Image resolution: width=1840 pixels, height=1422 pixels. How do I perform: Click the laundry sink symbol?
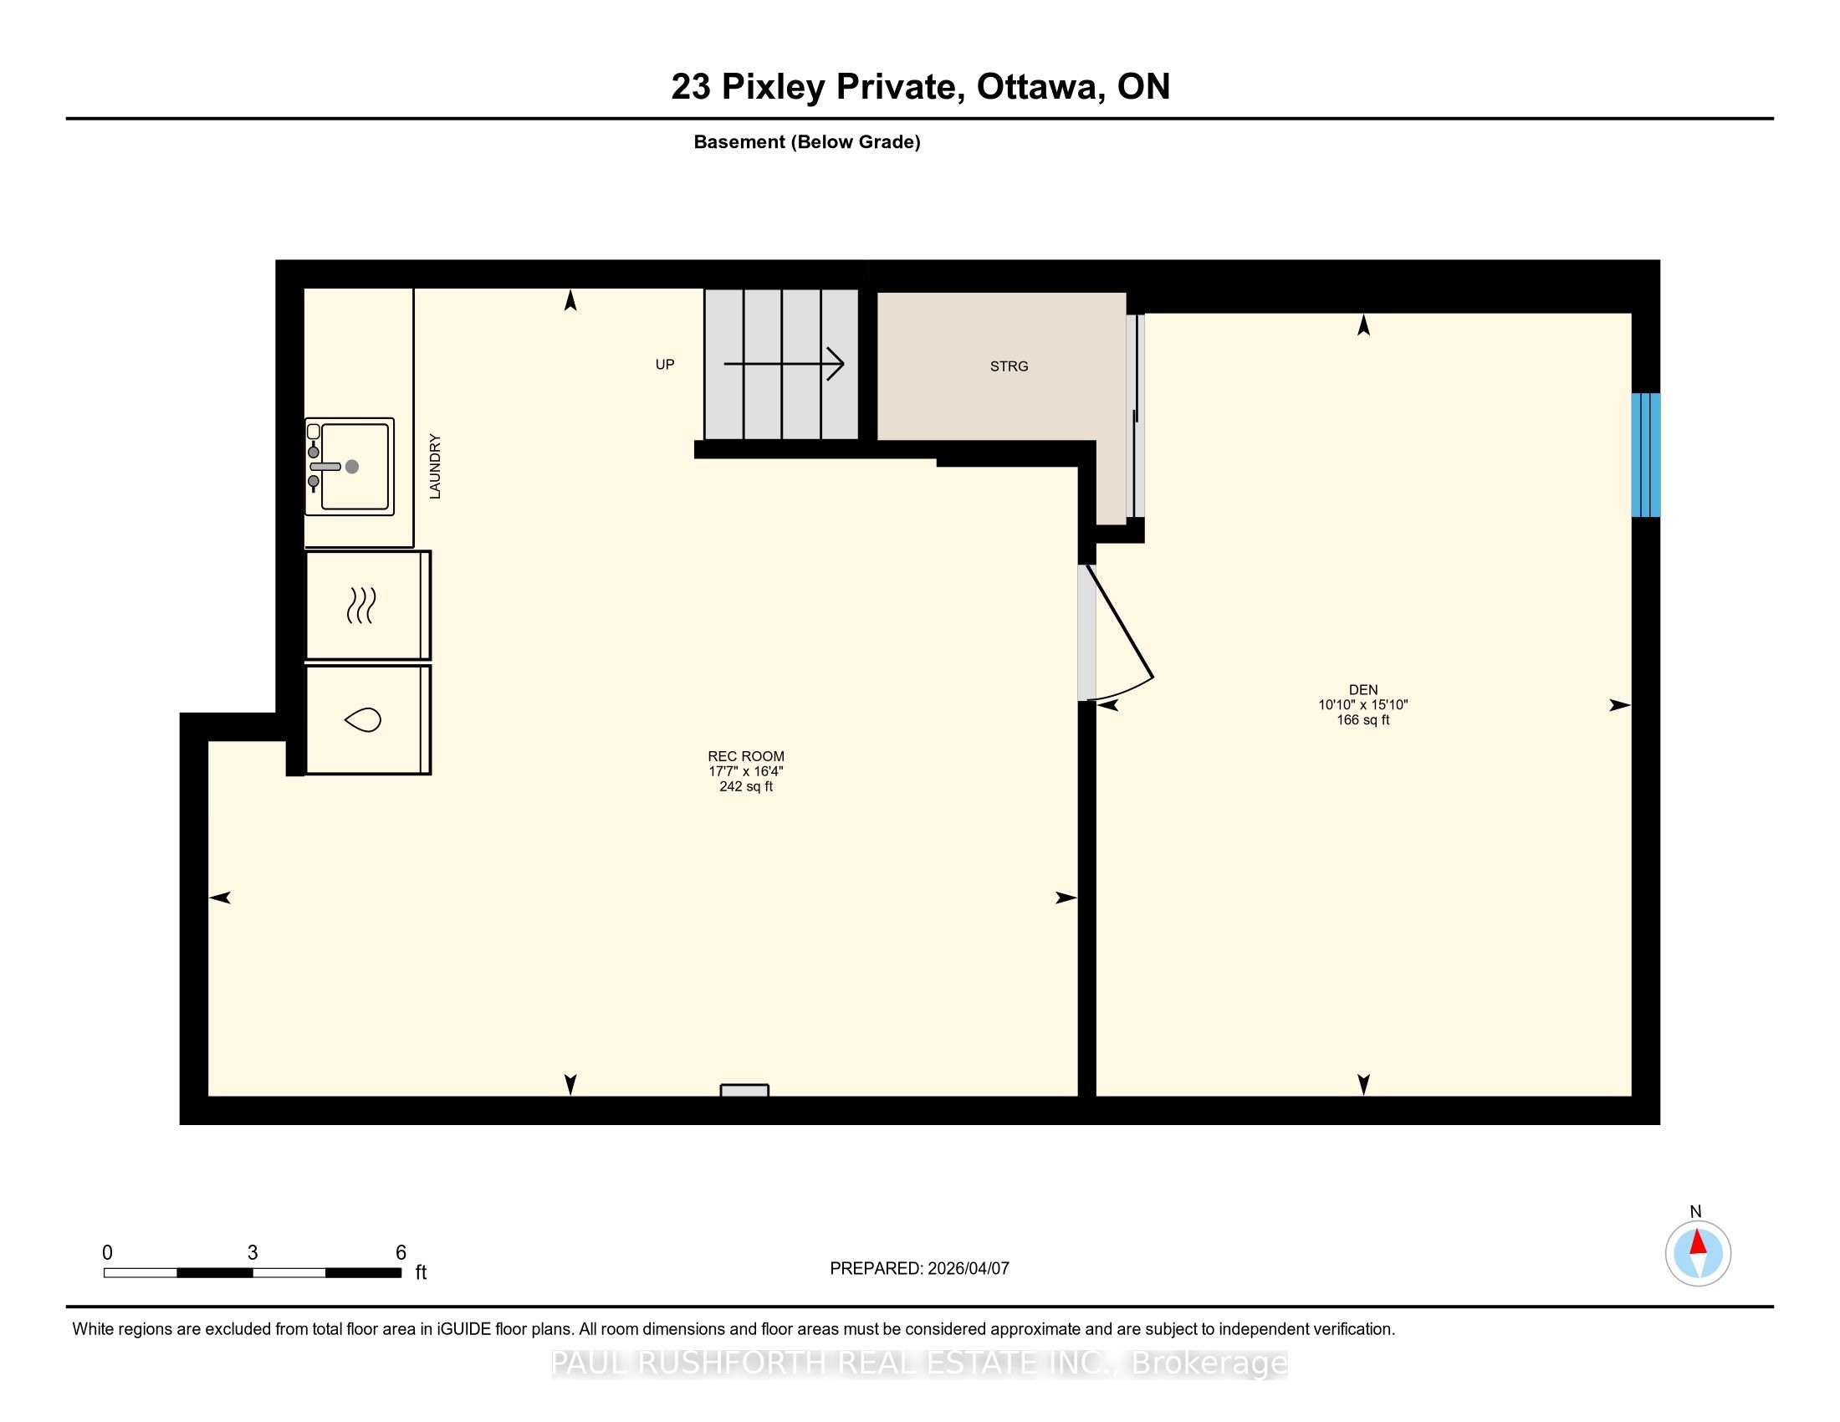point(350,467)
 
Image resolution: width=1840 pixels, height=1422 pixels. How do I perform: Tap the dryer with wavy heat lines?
point(368,605)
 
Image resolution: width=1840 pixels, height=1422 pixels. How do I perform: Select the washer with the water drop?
point(368,719)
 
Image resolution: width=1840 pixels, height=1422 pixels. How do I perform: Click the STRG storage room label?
point(1009,366)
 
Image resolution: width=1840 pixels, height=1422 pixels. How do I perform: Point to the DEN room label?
point(1362,690)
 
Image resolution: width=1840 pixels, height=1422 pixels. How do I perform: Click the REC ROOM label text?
point(745,756)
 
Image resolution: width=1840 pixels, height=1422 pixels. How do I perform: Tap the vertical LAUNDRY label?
point(435,466)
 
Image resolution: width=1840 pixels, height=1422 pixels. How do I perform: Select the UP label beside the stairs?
point(665,365)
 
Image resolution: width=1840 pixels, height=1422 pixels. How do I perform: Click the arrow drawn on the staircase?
point(784,364)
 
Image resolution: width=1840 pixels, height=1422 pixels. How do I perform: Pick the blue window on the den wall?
point(1645,455)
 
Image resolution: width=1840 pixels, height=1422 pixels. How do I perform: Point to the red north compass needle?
point(1699,1243)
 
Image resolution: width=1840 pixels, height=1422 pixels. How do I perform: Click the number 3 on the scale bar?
point(253,1253)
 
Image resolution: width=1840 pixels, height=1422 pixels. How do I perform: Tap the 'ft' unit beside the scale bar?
point(421,1273)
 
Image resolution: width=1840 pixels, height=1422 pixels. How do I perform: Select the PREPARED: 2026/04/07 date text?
point(919,1269)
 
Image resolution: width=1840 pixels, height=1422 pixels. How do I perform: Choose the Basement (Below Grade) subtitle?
point(807,142)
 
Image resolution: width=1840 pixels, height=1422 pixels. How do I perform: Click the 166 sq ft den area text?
point(1362,720)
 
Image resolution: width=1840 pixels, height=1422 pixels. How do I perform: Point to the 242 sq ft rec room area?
point(745,787)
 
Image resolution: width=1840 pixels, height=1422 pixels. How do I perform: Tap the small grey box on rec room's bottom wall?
point(744,1090)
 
